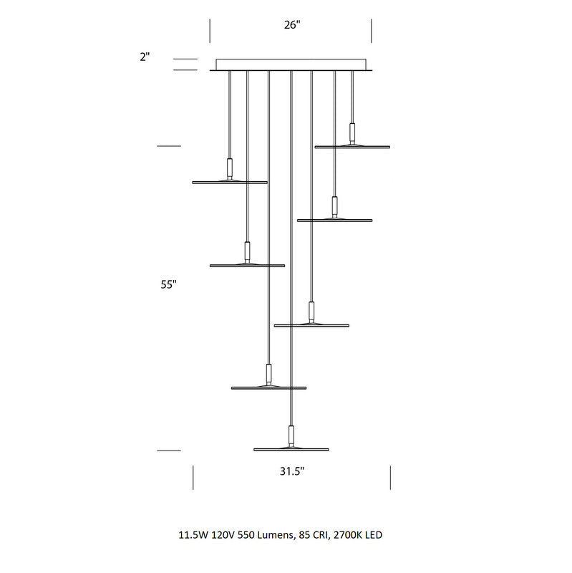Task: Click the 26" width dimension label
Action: pyautogui.click(x=292, y=25)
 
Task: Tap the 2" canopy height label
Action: pyautogui.click(x=145, y=57)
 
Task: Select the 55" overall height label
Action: pyautogui.click(x=169, y=284)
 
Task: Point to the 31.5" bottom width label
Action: pyautogui.click(x=292, y=471)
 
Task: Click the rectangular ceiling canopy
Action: pyautogui.click(x=291, y=64)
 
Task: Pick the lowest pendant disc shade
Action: pyautogui.click(x=291, y=449)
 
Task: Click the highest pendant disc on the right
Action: pyautogui.click(x=352, y=147)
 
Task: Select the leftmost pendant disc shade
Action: pyautogui.click(x=230, y=182)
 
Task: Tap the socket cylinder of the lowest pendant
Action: pyautogui.click(x=291, y=435)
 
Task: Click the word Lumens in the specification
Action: pyautogui.click(x=275, y=535)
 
